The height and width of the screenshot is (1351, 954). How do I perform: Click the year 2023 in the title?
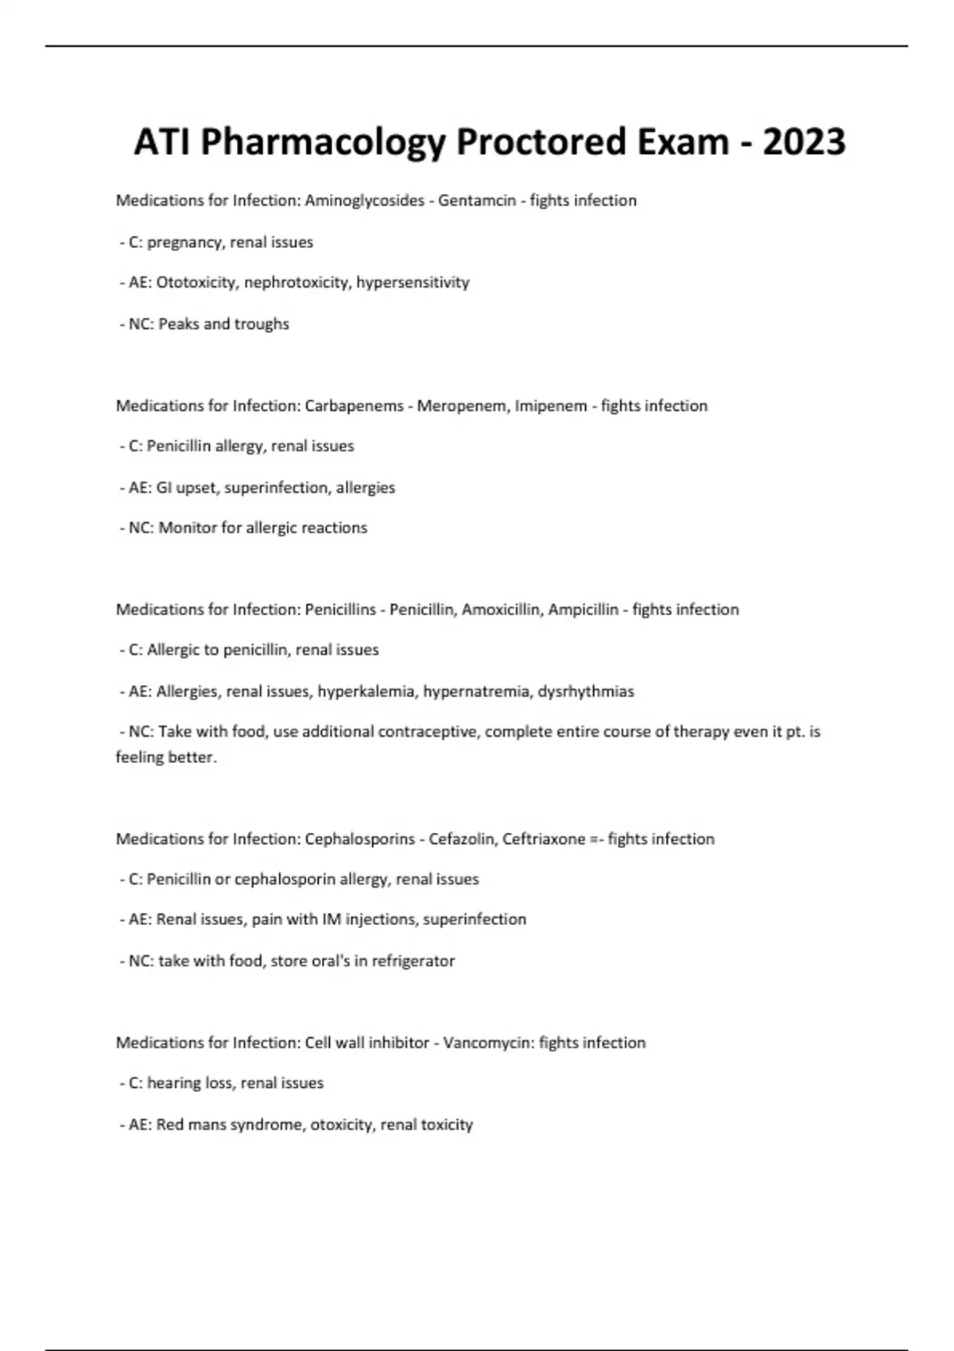804,142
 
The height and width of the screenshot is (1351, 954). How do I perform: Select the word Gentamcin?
477,201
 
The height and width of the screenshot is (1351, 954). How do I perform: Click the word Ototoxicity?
196,283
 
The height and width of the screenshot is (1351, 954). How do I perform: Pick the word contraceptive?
428,732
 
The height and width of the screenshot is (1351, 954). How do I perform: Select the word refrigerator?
413,961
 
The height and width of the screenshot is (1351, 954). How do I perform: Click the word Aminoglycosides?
365,201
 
